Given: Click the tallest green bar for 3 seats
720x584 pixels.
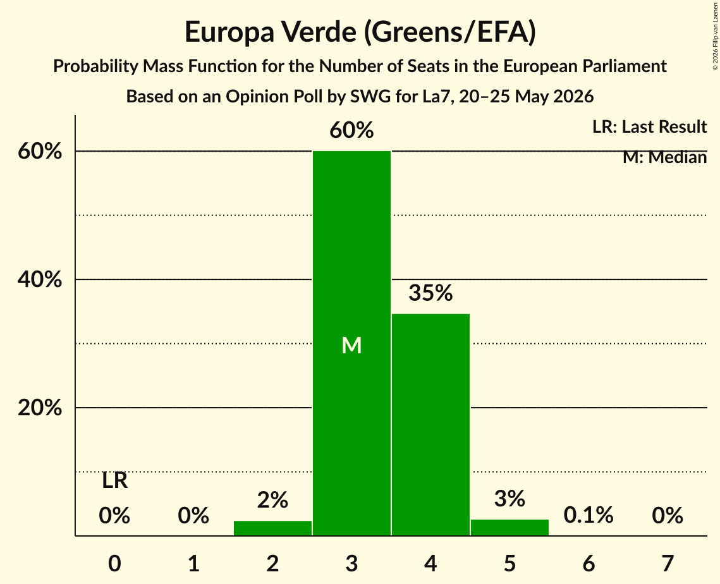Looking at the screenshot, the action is click(351, 343).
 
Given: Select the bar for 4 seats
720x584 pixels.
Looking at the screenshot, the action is click(430, 425).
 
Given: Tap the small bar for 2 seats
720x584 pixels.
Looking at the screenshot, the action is click(272, 528).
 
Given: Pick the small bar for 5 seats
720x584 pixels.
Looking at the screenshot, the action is click(509, 528).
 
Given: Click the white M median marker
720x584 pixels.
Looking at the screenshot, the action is click(351, 345).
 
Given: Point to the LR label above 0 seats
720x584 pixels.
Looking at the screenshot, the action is click(114, 481).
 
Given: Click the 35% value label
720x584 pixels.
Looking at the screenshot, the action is click(430, 293).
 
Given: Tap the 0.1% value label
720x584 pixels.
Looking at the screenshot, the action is click(589, 515).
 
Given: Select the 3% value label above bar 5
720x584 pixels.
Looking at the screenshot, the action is click(509, 499).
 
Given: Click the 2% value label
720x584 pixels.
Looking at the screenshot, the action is click(272, 500).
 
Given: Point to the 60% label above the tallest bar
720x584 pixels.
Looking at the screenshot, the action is click(351, 130).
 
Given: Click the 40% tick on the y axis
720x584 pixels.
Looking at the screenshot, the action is click(40, 279).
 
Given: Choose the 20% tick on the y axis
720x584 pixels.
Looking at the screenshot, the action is click(40, 407).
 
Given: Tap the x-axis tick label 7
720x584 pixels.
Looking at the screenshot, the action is click(668, 563).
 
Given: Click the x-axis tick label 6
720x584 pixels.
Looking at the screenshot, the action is click(589, 563).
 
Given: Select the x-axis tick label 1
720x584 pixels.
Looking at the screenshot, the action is click(194, 563).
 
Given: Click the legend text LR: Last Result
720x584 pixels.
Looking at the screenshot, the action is click(650, 126).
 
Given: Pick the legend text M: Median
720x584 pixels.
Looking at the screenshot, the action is click(665, 157).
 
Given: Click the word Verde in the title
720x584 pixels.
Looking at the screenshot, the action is click(319, 32).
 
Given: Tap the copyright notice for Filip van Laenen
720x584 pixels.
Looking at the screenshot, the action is click(715, 37).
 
